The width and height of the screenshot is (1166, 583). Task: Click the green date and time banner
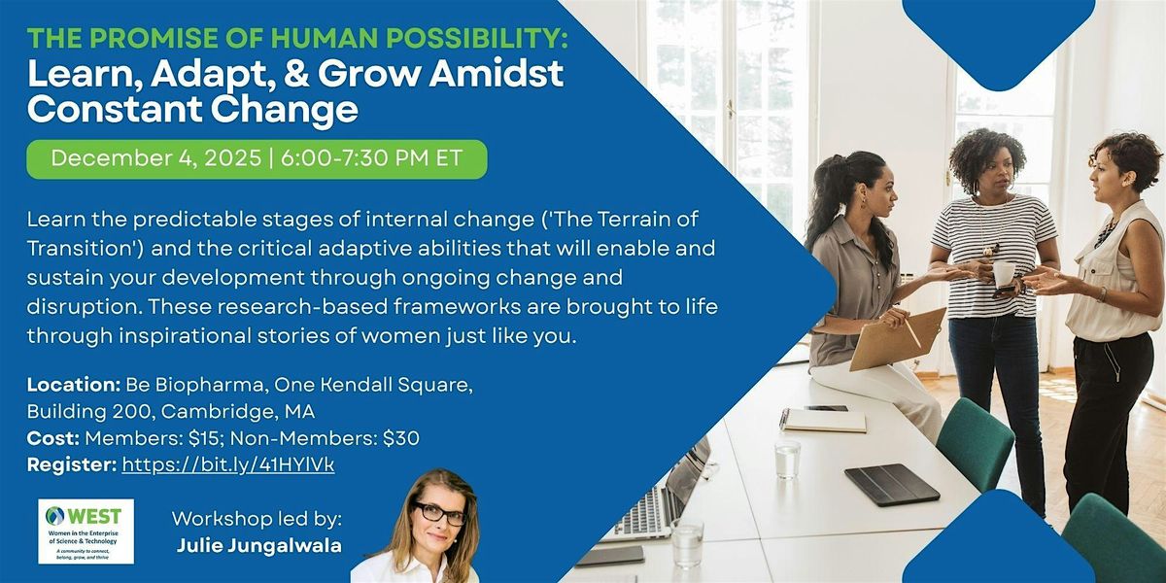pos(257,159)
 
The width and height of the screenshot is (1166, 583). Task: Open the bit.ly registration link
pos(227,465)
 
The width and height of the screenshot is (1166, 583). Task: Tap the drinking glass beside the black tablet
pos(787,459)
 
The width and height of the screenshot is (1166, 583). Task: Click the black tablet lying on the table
pos(891,484)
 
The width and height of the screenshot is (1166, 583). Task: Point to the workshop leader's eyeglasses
pos(439,513)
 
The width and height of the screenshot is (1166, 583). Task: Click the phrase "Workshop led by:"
pos(257,518)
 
